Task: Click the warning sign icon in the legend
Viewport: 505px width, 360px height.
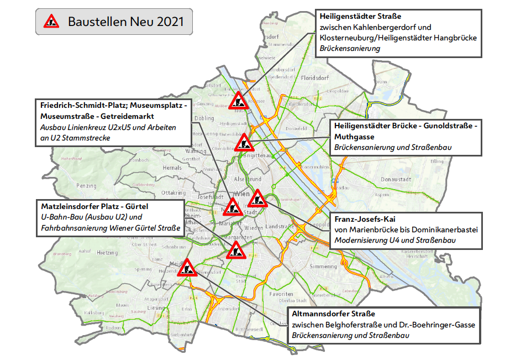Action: [x=53, y=22]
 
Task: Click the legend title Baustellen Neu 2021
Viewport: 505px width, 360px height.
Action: [x=125, y=22]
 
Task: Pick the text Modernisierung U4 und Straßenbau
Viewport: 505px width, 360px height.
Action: [x=394, y=241]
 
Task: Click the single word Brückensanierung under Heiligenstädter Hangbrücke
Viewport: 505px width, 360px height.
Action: [x=350, y=49]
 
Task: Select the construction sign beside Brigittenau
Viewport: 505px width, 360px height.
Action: [x=244, y=143]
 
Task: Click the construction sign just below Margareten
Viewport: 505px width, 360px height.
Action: [x=235, y=251]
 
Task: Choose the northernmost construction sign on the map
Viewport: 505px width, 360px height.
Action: [x=239, y=100]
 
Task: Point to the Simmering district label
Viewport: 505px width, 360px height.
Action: [x=323, y=266]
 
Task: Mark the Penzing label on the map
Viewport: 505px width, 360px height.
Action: [x=87, y=186]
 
